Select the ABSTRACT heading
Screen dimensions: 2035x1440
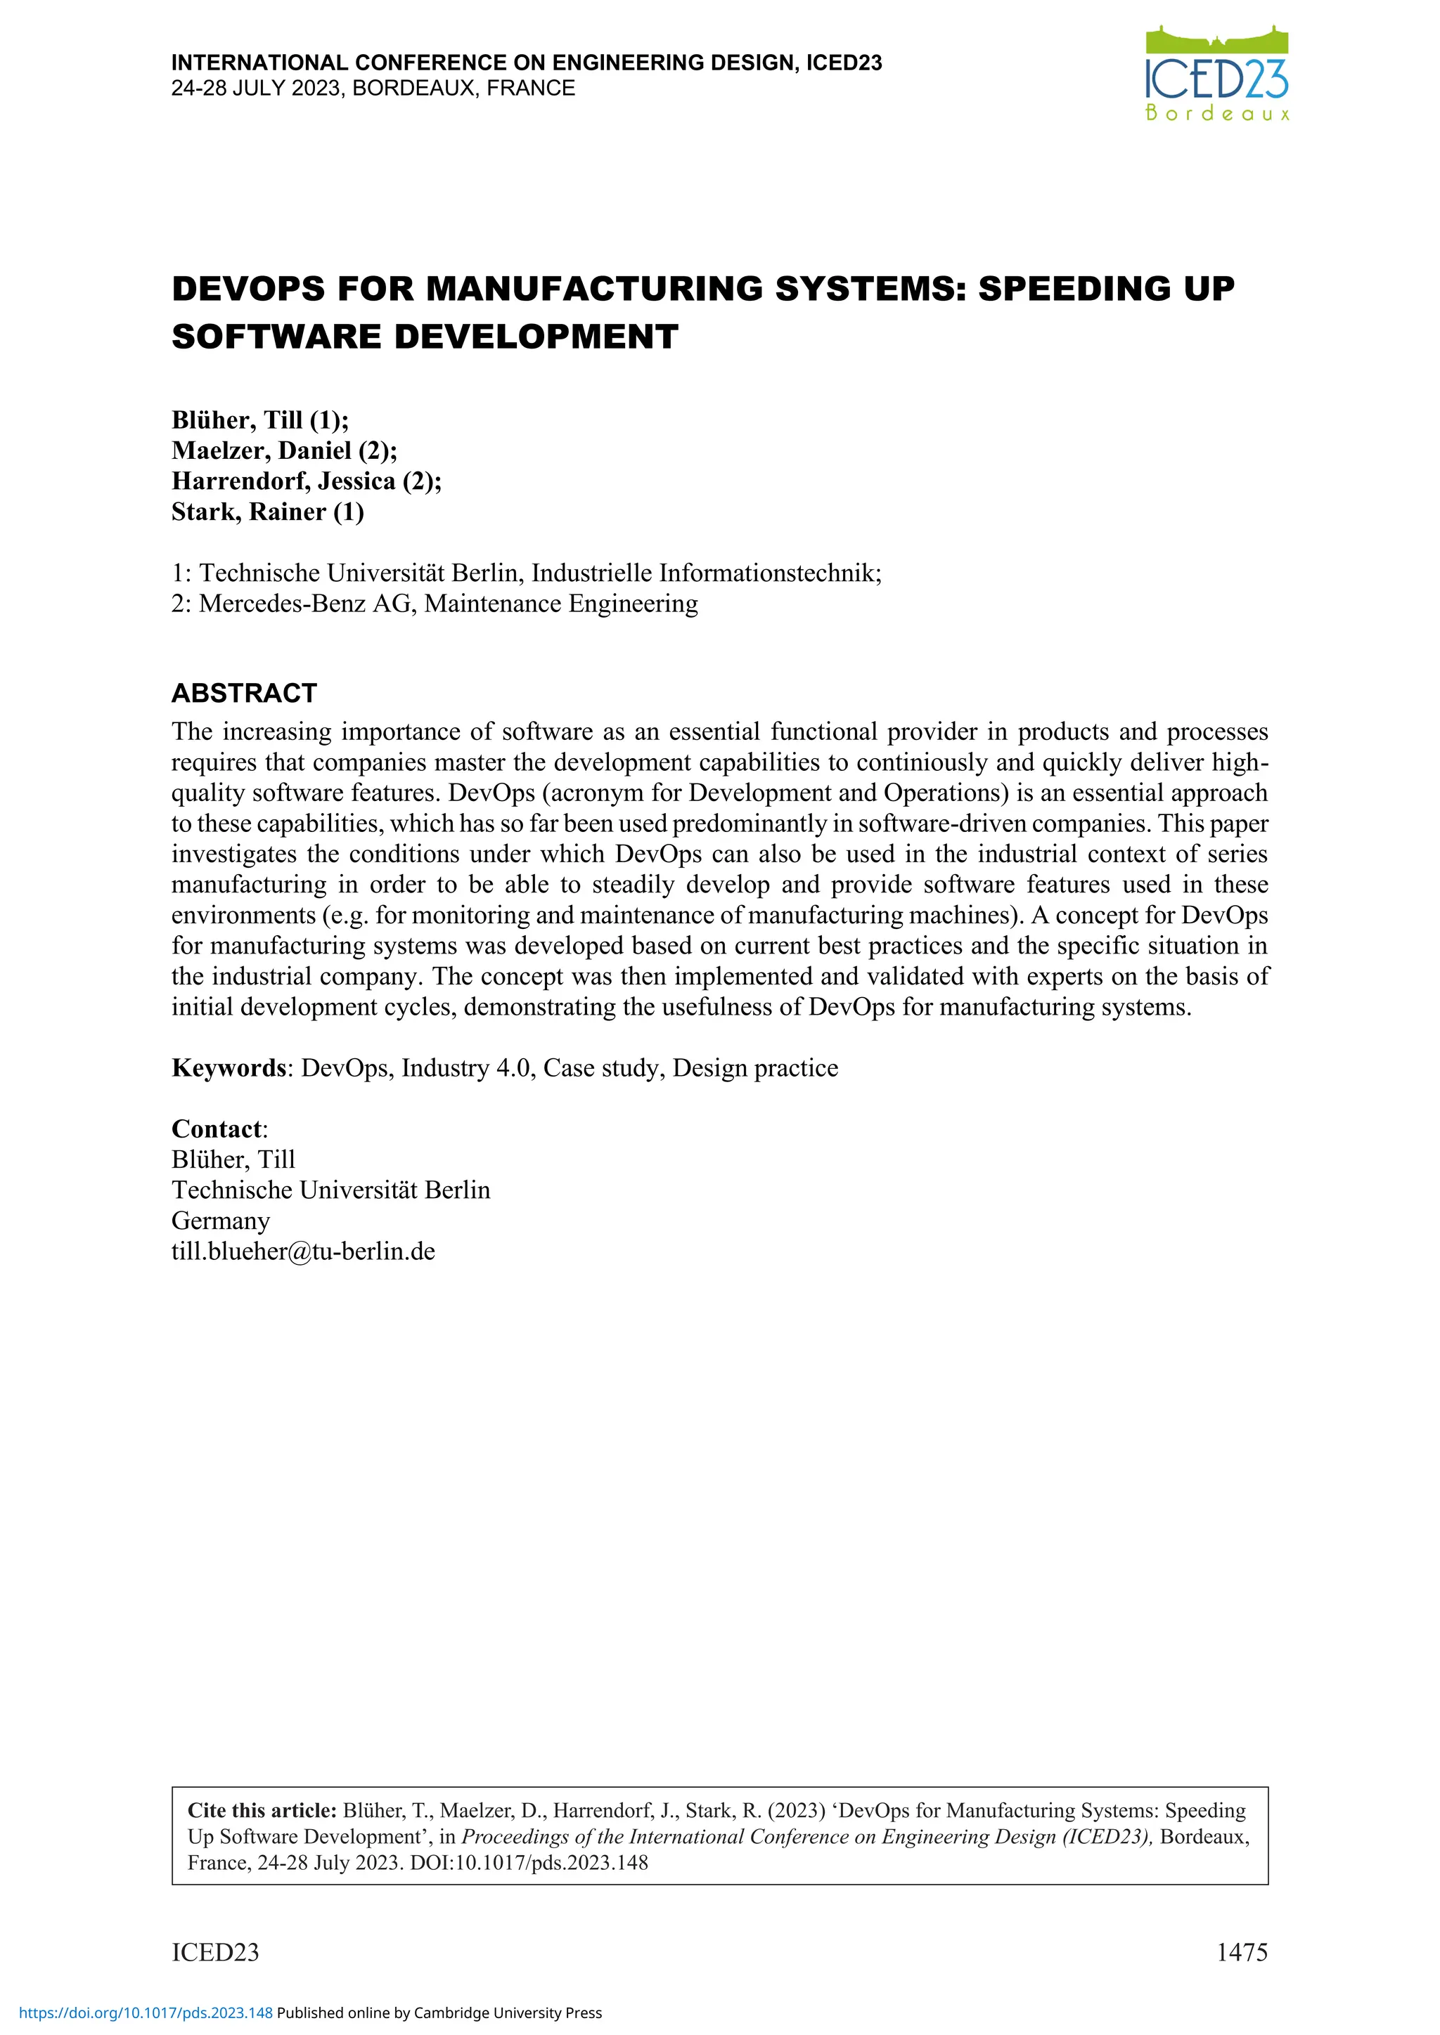pos(244,693)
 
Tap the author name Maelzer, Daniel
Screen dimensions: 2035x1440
pos(262,450)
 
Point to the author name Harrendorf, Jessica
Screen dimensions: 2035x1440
pos(283,481)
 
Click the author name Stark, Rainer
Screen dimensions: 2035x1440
pos(248,512)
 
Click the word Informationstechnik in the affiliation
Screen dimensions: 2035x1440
pos(768,573)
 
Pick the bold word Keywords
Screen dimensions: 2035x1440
pos(228,1068)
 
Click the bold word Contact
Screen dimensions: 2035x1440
pos(217,1129)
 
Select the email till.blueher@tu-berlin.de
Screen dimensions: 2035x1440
pos(303,1251)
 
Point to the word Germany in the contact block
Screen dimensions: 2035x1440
pos(221,1221)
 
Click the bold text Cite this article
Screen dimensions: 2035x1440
pos(262,1810)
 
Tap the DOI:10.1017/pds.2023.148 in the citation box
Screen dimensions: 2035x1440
pos(529,1862)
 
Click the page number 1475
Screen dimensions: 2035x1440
pos(1242,1951)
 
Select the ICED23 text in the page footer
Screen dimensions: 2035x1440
pos(215,1951)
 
